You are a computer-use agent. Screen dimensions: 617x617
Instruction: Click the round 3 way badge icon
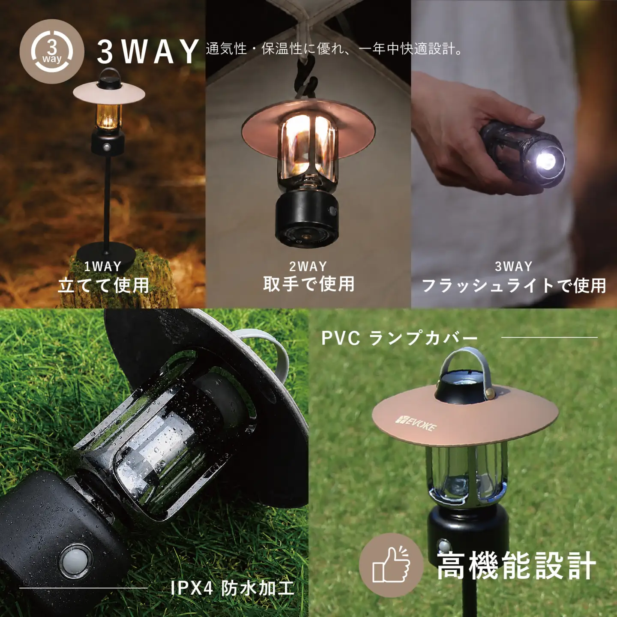click(x=52, y=51)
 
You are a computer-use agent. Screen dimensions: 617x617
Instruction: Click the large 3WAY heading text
click(x=148, y=51)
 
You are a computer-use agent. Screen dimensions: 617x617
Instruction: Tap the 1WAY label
click(x=103, y=267)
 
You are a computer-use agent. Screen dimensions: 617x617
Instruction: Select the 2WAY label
click(x=308, y=267)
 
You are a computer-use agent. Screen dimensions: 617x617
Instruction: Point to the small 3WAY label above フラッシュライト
click(x=514, y=267)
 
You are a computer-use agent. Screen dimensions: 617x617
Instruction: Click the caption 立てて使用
click(x=103, y=285)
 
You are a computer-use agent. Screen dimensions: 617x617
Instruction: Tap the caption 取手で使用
click(x=308, y=284)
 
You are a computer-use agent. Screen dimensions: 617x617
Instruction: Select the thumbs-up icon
click(x=391, y=565)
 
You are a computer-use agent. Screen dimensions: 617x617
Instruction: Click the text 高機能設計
click(x=516, y=566)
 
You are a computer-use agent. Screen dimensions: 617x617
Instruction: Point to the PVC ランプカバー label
click(x=399, y=338)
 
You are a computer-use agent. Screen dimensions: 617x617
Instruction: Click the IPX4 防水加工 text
click(x=232, y=588)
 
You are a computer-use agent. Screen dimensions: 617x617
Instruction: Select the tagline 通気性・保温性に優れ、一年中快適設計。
click(x=334, y=49)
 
